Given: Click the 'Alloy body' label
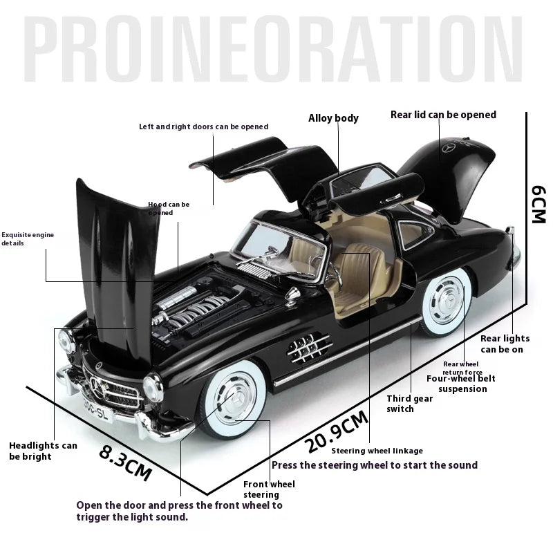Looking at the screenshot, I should (333, 118).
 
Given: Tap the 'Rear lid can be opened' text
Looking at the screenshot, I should (443, 115).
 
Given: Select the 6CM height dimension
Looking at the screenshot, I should (538, 203).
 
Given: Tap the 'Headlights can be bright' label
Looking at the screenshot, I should (43, 451).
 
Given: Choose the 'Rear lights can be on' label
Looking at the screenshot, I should (505, 344).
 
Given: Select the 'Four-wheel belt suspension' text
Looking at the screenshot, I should (460, 384).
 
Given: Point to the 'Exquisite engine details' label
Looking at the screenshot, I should (28, 239).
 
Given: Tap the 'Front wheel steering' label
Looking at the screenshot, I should (269, 489).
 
